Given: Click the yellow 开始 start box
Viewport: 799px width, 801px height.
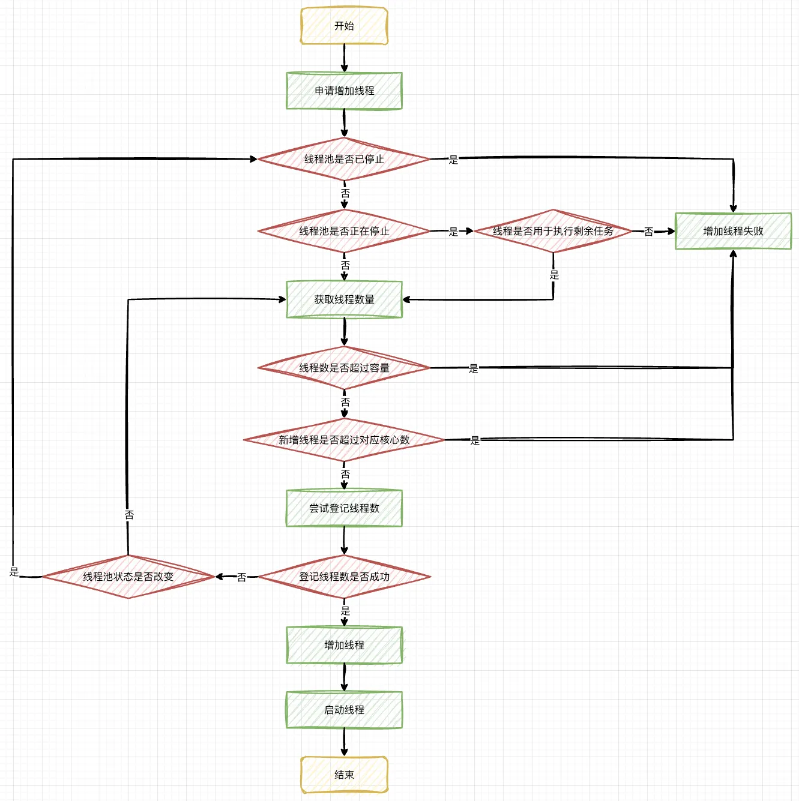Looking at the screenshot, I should (x=344, y=26).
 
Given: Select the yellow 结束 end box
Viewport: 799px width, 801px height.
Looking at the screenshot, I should (x=344, y=775).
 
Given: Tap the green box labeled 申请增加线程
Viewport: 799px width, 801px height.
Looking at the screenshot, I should (x=344, y=91).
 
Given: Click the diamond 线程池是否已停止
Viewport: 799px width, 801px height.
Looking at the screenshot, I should (x=344, y=159).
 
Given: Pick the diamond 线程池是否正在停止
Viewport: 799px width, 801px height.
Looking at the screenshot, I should (x=344, y=231).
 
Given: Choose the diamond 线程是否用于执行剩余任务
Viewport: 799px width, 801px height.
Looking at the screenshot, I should (x=553, y=231).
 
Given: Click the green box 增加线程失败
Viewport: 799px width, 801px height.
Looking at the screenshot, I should (x=733, y=231).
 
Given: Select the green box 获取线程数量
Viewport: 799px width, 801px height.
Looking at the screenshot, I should (x=344, y=299).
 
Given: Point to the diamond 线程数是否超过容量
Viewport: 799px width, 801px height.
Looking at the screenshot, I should (x=344, y=368).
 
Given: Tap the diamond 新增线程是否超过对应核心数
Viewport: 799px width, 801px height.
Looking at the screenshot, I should (x=344, y=440).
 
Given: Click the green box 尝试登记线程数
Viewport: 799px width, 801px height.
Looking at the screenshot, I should (x=344, y=508).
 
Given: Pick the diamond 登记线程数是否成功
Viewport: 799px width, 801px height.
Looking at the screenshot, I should (x=344, y=577).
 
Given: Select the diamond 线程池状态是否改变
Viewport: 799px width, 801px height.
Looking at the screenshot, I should (x=128, y=577).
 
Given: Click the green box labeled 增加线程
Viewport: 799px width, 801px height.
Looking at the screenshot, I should (x=344, y=645).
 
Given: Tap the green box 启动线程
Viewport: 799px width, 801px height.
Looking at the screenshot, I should (x=344, y=710).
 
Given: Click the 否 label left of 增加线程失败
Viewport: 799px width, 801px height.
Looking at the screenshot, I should (x=648, y=232).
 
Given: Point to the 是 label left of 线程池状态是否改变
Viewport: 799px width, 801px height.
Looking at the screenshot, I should (x=14, y=572).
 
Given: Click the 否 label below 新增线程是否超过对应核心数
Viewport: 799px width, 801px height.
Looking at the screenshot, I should (x=345, y=474).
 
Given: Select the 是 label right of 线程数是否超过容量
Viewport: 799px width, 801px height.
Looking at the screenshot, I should (x=474, y=368).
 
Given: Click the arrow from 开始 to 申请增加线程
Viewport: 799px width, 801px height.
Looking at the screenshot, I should (x=345, y=58).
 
